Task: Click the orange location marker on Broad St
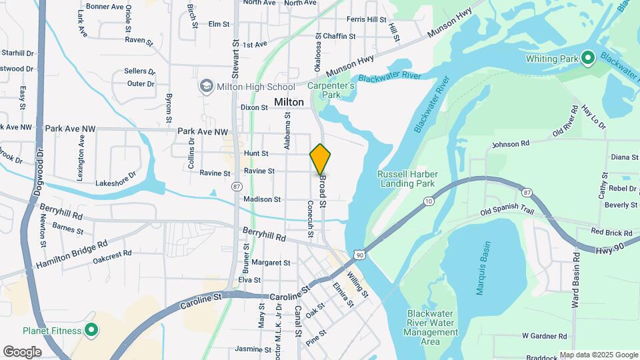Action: [x=320, y=159]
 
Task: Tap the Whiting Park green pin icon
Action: [x=587, y=59]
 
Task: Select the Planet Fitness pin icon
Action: [x=91, y=331]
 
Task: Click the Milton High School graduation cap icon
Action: [x=207, y=87]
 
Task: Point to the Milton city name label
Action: [x=289, y=102]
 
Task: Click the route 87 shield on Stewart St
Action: [x=237, y=187]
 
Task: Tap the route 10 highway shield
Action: [x=428, y=201]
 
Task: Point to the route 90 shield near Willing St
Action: [x=360, y=254]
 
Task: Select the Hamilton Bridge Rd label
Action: [x=72, y=255]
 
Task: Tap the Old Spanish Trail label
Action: [x=508, y=213]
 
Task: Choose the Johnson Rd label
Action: [x=510, y=143]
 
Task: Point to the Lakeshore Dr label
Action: [x=115, y=178]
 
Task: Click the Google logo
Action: [x=22, y=351]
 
